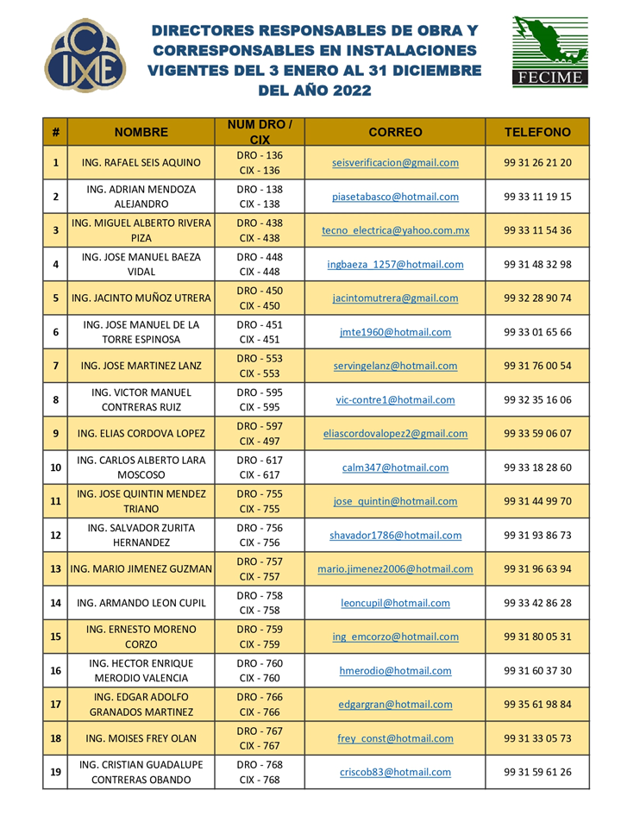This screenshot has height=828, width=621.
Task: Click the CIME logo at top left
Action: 85,56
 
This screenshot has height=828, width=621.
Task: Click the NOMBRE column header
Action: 141,132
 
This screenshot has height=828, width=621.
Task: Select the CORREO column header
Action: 395,132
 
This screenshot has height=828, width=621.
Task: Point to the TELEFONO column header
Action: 537,132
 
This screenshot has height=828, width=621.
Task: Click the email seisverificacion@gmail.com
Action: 395,162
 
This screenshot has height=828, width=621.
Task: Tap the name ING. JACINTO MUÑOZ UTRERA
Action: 141,298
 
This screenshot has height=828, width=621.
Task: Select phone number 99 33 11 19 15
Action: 537,197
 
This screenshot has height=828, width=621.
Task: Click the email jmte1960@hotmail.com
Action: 395,332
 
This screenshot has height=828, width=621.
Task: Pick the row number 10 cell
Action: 55,467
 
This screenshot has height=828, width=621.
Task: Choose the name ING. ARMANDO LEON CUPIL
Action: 141,604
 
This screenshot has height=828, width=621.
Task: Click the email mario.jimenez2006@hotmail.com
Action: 395,569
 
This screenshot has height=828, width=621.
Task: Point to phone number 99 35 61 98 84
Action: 537,705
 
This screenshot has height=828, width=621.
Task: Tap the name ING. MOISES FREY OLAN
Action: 141,738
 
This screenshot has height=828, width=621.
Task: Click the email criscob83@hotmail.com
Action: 395,773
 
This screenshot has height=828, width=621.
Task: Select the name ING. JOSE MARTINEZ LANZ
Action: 141,366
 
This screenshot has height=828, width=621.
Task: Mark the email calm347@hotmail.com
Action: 395,467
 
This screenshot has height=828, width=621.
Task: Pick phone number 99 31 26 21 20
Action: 537,162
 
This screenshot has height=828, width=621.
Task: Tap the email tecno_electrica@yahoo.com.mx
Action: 395,230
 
